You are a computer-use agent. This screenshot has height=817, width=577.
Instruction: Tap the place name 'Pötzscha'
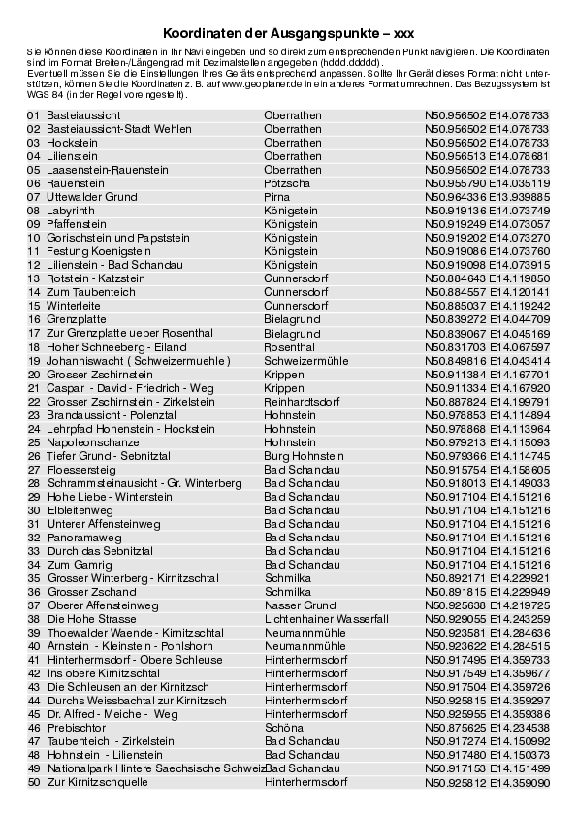tap(288, 182)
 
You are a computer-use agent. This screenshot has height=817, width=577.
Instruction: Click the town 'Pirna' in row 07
tap(277, 196)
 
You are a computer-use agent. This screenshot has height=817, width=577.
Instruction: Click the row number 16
tap(34, 319)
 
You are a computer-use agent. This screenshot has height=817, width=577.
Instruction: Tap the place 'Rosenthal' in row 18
tap(290, 346)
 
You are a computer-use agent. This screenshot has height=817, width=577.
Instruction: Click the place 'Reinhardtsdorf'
tap(301, 402)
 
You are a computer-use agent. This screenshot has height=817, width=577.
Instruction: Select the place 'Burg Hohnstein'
tap(305, 456)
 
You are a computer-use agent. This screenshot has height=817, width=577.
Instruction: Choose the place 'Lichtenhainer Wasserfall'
tap(327, 619)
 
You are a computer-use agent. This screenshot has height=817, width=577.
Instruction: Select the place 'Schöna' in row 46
tap(283, 728)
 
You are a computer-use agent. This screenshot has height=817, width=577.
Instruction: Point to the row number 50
tap(34, 782)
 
